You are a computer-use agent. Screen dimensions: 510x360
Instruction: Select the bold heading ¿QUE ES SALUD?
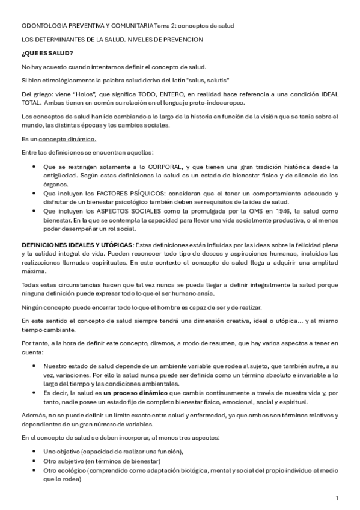tap(47, 53)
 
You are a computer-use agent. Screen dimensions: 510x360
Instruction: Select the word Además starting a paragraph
tap(34, 416)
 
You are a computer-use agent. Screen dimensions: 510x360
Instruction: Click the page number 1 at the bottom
tap(337, 499)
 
